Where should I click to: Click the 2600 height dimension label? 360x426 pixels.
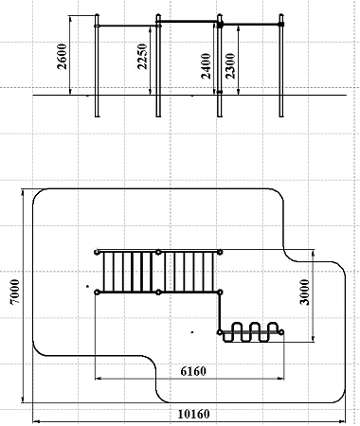(63, 57)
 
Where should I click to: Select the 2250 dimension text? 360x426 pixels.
(142, 57)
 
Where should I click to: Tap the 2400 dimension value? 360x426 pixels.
(206, 66)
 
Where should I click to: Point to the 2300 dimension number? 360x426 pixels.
(230, 66)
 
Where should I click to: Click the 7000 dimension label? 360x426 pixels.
(15, 292)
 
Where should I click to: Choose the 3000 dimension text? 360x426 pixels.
(305, 292)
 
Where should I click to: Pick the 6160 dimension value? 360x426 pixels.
(193, 371)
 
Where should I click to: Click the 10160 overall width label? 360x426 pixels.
(193, 414)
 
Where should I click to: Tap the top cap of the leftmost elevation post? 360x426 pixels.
(97, 15)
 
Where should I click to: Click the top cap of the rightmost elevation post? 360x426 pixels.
(281, 15)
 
